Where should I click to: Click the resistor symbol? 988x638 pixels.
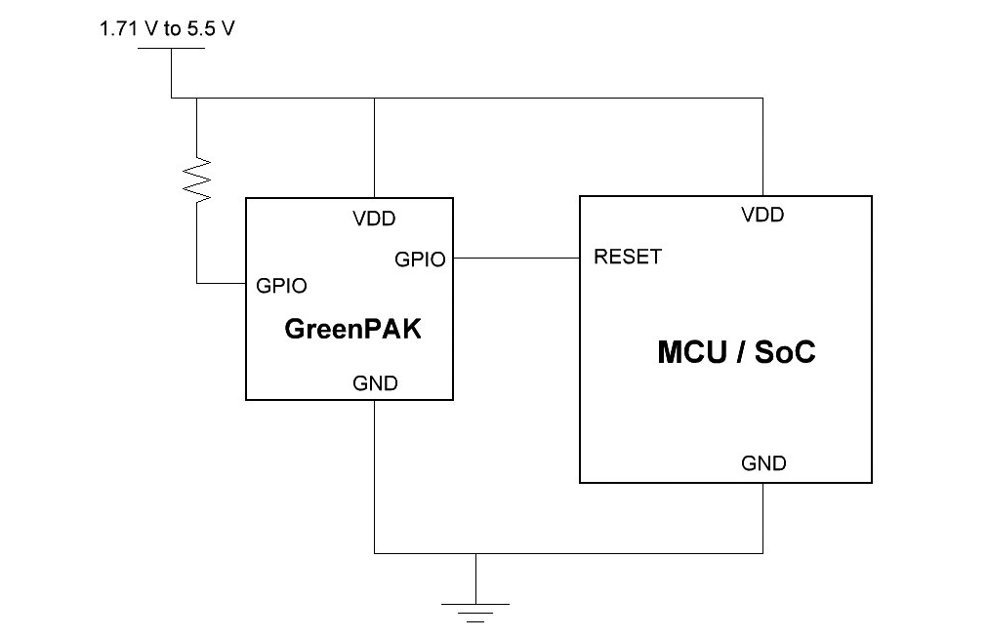point(198,178)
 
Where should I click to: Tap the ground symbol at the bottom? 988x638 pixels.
point(475,612)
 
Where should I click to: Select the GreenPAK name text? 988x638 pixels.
point(352,329)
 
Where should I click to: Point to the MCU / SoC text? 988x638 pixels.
point(736,352)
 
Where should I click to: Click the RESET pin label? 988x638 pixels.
point(627,258)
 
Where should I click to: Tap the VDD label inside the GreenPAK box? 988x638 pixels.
point(374,219)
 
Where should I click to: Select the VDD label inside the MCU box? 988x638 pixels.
point(762,215)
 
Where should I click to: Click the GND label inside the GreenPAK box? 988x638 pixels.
point(375,383)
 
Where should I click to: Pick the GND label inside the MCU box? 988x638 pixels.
point(763,463)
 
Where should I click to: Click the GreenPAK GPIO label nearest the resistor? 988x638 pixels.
point(281,286)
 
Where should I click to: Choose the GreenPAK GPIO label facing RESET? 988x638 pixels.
point(420,259)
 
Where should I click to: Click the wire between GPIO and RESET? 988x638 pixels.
point(516,258)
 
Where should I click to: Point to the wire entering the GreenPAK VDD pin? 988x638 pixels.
point(374,146)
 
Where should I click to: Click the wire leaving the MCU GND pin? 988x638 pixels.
point(763,517)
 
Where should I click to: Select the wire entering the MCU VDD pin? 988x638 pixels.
point(763,146)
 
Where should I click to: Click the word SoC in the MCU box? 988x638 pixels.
point(785,352)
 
